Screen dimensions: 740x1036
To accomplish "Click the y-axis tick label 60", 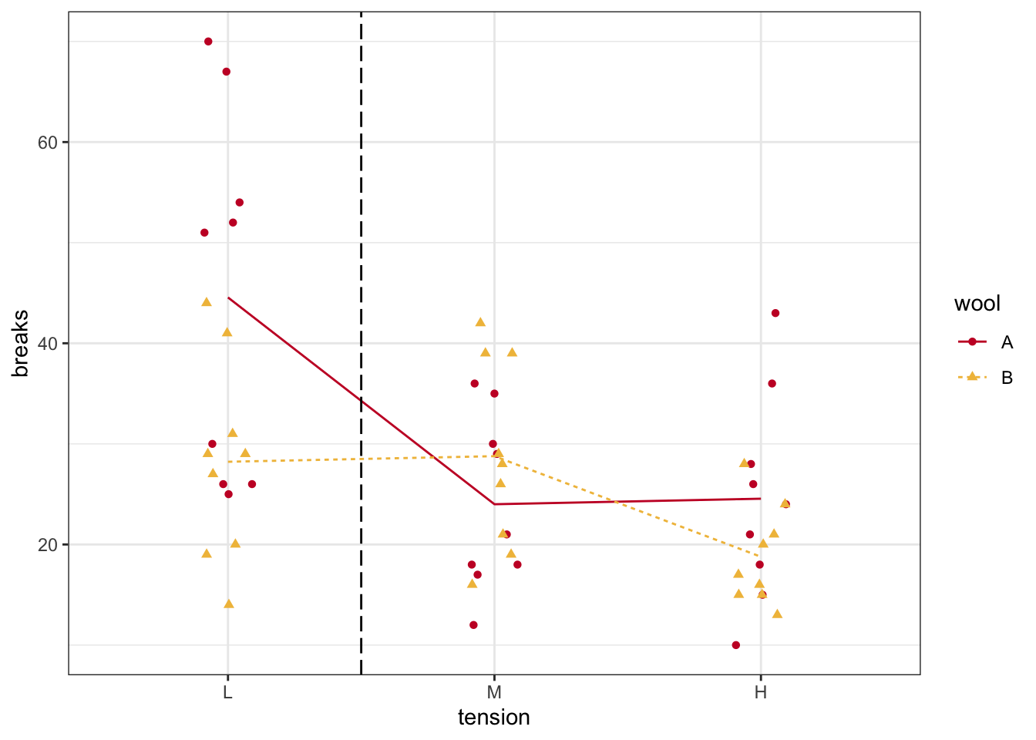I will [x=48, y=143].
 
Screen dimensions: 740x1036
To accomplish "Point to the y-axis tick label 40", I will [x=48, y=344].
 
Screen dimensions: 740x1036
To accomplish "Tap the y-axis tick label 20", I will [x=48, y=545].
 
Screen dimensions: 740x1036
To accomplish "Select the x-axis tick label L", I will [x=227, y=692].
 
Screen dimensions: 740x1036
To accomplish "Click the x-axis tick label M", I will [x=494, y=692].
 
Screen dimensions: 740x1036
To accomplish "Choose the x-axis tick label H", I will [x=761, y=692].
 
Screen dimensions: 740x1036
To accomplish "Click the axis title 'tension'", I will [x=494, y=718].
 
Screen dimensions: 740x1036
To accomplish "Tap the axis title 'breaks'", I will [x=21, y=344].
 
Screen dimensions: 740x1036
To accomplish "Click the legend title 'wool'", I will [x=977, y=304].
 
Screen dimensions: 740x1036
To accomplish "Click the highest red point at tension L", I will [x=208, y=42].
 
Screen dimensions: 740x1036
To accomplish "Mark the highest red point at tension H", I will [x=775, y=313].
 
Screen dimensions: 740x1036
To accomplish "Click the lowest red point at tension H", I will [x=736, y=645].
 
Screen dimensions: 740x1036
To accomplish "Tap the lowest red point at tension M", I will [x=473, y=625].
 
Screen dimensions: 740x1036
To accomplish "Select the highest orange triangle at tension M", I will [x=480, y=322].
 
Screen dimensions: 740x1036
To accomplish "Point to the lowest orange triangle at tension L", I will [x=229, y=604].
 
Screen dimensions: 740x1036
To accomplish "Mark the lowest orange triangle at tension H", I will [x=777, y=614].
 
